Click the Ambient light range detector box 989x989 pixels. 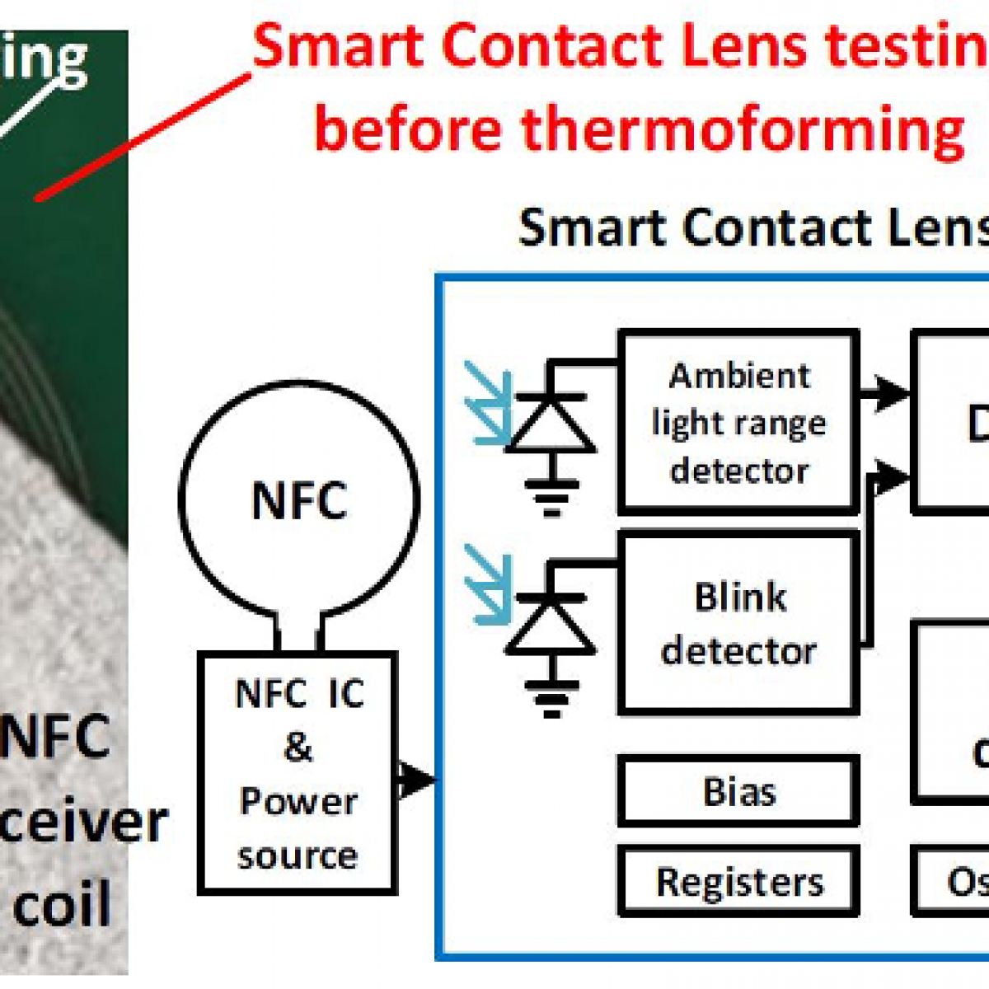coord(738,422)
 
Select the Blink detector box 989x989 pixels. coord(738,623)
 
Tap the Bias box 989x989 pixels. coord(738,791)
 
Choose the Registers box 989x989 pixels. coord(738,881)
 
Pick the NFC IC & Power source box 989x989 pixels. coord(298,773)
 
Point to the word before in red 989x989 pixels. coord(408,129)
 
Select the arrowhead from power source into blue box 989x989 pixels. coord(417,778)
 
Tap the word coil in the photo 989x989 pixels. coord(62,903)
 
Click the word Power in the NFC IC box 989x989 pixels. coord(298,801)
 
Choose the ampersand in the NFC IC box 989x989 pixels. coord(298,747)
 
